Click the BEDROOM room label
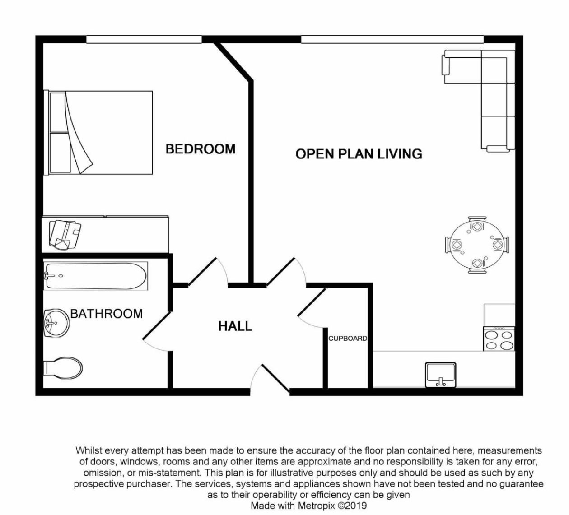[x=201, y=149]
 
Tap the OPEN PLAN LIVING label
[x=359, y=154]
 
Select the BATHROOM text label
[x=107, y=313]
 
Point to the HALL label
[x=235, y=326]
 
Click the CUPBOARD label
[x=347, y=339]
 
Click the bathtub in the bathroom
[x=96, y=276]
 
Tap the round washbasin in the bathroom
[x=56, y=322]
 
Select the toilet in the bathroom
[x=63, y=368]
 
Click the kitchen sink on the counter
[x=441, y=374]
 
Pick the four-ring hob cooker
[x=499, y=339]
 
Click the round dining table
[x=477, y=245]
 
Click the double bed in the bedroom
[x=99, y=132]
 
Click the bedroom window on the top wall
[x=144, y=40]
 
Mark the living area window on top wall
[x=392, y=40]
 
